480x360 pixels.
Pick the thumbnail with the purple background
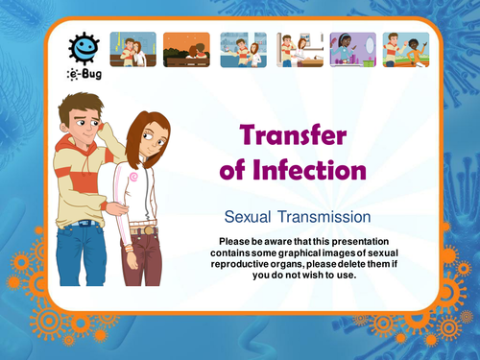348,49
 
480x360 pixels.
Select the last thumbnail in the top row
405,49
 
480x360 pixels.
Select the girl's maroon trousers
142,269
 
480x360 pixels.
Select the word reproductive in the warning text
253,263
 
